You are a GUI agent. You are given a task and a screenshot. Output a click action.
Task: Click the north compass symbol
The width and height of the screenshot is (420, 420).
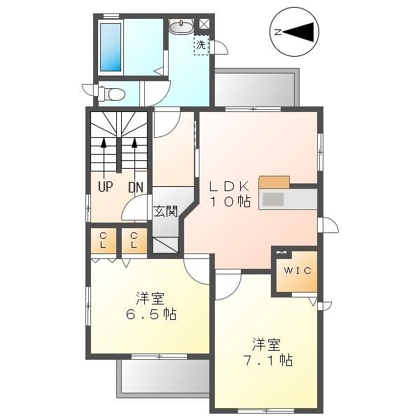(295, 31)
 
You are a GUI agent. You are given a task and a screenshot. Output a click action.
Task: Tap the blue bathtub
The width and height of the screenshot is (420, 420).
(111, 47)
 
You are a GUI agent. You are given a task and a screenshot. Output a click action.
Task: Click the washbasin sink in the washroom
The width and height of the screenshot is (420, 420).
(181, 26)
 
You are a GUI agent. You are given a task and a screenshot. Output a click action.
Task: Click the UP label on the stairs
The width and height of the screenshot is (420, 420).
(105, 188)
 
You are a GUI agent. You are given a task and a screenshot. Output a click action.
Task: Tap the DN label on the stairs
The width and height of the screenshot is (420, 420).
(135, 188)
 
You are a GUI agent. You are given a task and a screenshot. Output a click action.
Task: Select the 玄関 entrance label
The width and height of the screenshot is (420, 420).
(166, 210)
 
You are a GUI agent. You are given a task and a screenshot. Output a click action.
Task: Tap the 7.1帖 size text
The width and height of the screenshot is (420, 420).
(266, 361)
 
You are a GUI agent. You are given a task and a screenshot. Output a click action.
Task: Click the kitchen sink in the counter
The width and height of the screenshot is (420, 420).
(273, 199)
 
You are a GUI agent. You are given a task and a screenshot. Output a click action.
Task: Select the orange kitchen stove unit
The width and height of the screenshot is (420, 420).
(274, 182)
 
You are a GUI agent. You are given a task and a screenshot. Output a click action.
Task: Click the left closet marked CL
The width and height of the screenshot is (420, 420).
(103, 241)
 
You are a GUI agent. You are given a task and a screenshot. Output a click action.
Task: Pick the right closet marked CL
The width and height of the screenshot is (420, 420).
(134, 241)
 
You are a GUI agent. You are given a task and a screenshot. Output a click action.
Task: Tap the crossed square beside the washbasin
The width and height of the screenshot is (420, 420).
(204, 24)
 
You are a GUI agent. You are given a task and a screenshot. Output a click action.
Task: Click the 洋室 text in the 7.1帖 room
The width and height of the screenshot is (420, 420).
(266, 344)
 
